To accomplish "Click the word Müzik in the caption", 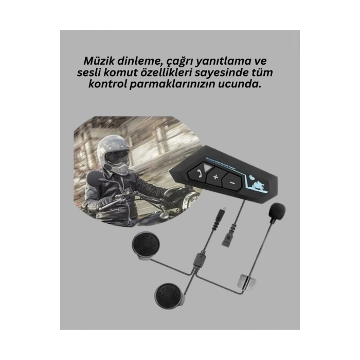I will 99,60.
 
